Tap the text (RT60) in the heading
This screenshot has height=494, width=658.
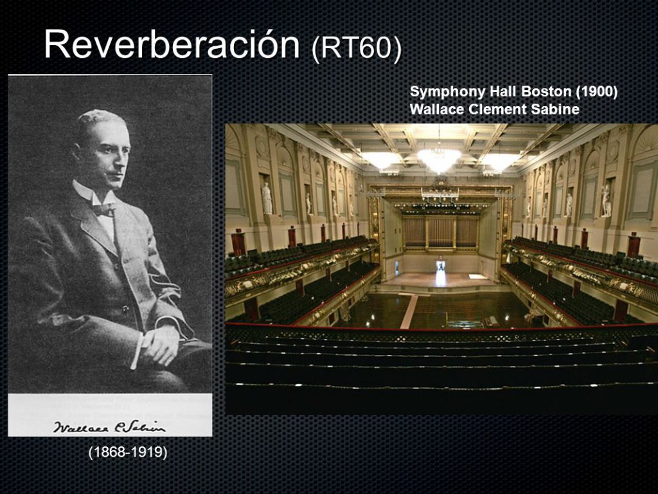coord(357,49)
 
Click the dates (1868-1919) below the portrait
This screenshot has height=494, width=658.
coord(128,452)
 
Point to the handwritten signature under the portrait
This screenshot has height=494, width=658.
coord(109,426)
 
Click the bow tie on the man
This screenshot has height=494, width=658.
coord(103,208)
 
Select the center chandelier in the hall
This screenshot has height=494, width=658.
coord(439,159)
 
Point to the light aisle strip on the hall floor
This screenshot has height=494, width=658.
coord(409,311)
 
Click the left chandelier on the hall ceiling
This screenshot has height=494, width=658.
coord(381,160)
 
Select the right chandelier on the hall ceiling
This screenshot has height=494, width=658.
coord(499,161)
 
